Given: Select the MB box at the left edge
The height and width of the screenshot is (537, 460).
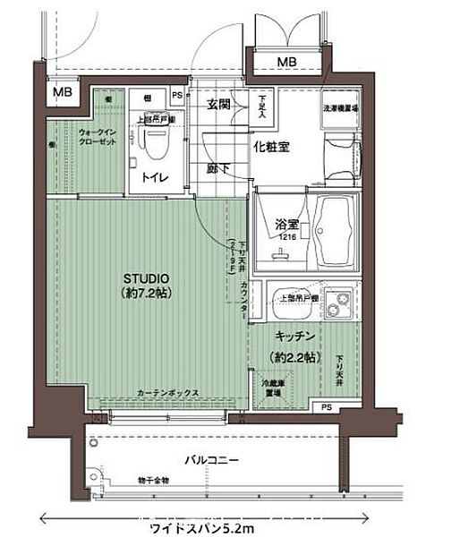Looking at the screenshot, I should pos(62,91).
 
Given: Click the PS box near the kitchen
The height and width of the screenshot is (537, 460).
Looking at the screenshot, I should pos(326,408).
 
